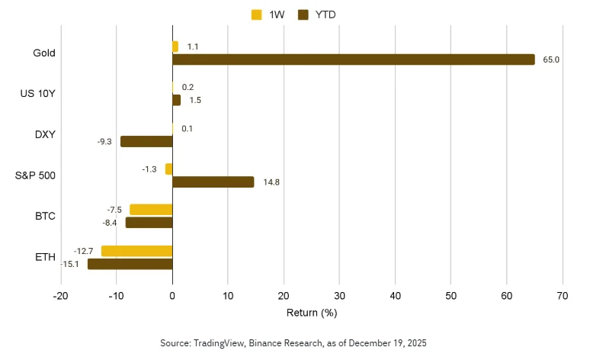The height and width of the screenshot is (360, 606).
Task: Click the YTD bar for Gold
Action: point(354,59)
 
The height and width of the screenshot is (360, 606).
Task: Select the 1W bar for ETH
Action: point(136,251)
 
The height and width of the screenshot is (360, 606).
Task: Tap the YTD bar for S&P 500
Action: point(213,182)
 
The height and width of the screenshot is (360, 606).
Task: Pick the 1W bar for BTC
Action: point(151,210)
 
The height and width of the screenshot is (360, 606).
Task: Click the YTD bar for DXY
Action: point(146,141)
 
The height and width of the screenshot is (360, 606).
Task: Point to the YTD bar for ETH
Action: point(130,264)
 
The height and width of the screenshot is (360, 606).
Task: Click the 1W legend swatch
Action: point(256,14)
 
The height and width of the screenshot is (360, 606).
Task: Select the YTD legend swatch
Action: point(303,14)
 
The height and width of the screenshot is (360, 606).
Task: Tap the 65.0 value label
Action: point(551,59)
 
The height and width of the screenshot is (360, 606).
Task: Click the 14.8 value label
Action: point(271,182)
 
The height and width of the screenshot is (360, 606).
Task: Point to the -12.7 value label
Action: point(84,251)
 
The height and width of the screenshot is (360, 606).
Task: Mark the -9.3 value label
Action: point(105,141)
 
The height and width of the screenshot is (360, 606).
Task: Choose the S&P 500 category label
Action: point(36,175)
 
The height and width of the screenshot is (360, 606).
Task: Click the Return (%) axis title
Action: point(311,313)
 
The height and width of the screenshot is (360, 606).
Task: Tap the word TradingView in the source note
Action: point(216,344)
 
